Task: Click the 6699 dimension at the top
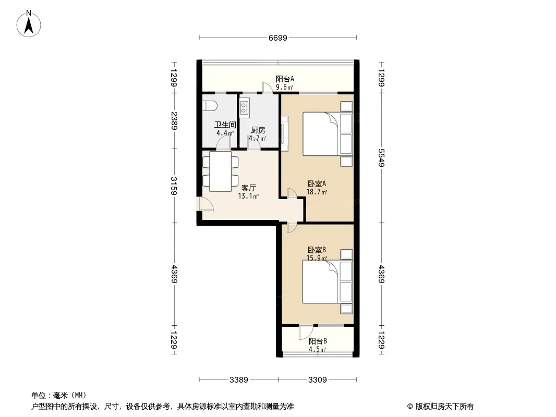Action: (277, 38)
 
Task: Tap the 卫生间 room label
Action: (225, 125)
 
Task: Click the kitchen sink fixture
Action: (244, 108)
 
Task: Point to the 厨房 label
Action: (258, 130)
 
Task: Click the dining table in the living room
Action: (221, 171)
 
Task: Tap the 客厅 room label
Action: (249, 188)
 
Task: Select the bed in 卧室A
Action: (327, 134)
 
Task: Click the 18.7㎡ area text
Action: (317, 192)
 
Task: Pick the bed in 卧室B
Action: (327, 282)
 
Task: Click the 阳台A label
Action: (285, 79)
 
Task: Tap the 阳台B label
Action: (317, 341)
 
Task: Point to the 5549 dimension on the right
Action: (381, 157)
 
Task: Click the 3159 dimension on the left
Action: (174, 186)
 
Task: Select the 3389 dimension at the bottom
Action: (239, 380)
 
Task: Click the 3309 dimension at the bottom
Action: (317, 380)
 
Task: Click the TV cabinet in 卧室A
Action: (285, 130)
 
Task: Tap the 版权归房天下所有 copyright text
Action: (444, 407)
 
